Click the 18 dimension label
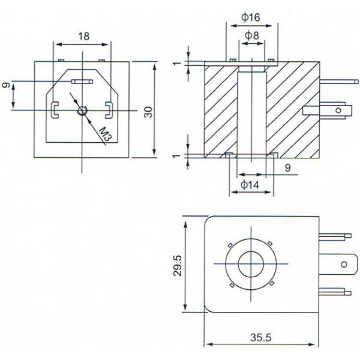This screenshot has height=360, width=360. (x=83, y=36)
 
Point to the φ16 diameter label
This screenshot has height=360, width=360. (x=250, y=17)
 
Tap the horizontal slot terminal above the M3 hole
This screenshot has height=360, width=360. (x=82, y=80)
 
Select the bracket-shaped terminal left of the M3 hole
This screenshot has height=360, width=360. (x=53, y=109)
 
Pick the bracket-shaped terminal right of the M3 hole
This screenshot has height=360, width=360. (x=109, y=109)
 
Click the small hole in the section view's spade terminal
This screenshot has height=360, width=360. (x=337, y=110)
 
